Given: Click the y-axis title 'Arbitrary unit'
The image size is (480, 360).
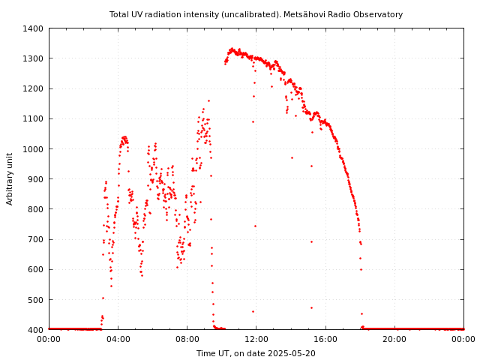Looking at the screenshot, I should click(10, 178).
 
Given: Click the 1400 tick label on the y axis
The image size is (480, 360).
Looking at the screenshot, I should click(33, 28).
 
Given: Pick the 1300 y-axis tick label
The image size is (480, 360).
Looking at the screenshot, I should click(33, 58).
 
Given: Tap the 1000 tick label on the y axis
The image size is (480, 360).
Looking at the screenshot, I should click(33, 149).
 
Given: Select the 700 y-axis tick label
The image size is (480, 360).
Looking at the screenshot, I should click(35, 239).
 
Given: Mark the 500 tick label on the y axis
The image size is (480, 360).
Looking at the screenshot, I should click(35, 299).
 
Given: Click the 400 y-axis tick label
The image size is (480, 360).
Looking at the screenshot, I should click(35, 329).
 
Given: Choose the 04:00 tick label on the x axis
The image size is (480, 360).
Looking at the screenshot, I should click(118, 339).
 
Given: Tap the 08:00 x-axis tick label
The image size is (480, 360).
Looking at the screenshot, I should click(187, 339).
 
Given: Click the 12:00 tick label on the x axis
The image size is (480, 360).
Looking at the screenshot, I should click(256, 339).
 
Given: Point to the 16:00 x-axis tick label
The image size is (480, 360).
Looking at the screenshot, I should click(325, 339).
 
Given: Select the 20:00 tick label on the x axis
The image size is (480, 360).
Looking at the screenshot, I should click(394, 339).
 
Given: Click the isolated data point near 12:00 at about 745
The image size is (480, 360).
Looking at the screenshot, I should click(255, 226).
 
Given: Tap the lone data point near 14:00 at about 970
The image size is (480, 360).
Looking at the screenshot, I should click(292, 157).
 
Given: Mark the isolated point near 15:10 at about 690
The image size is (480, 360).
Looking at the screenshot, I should click(311, 241).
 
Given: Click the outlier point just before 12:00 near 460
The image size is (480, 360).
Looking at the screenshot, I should click(253, 311).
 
